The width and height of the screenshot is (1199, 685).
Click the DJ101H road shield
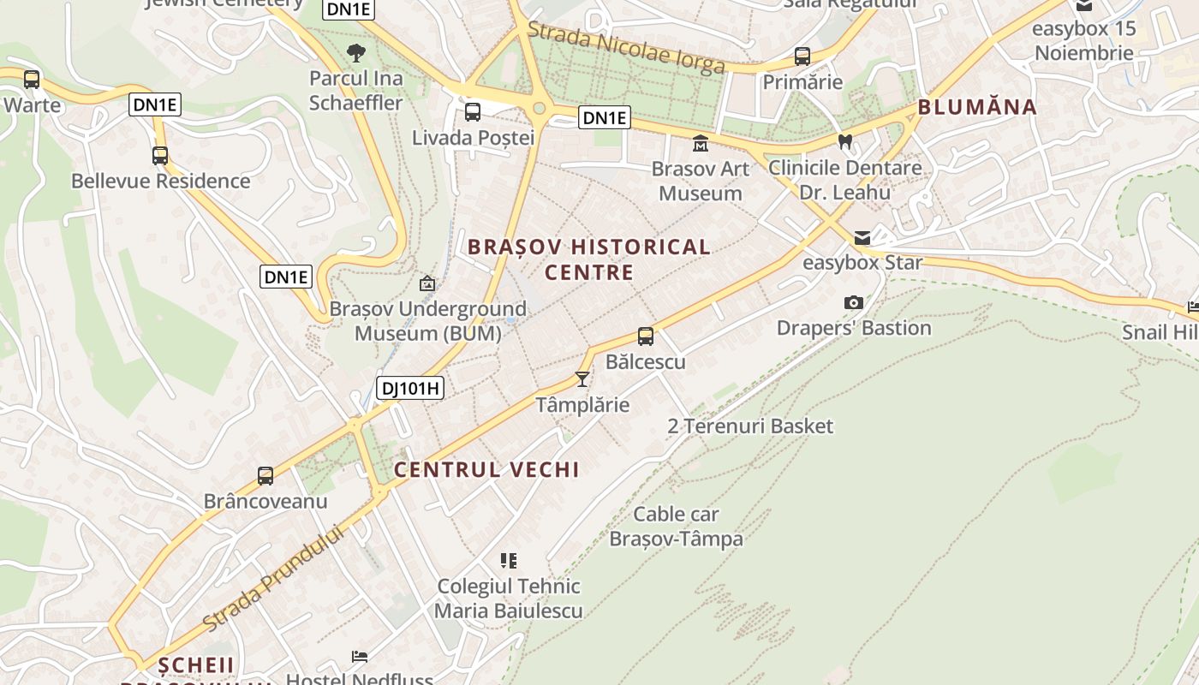coord(410,388)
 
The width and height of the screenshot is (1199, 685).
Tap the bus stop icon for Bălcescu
coord(646,337)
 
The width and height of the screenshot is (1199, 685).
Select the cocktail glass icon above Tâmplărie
coord(582,378)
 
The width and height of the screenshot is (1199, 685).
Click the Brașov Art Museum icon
coord(701,142)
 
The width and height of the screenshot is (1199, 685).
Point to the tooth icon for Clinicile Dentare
coord(845,141)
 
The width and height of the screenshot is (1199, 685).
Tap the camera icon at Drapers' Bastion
coord(853,302)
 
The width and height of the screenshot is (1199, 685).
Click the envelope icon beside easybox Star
coord(862,237)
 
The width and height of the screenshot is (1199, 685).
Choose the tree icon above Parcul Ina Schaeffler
coord(356,53)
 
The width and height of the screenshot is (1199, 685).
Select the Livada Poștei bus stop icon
coord(472,112)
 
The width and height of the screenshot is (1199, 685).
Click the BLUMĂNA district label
coord(977,107)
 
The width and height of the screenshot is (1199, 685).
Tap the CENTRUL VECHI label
coord(486,469)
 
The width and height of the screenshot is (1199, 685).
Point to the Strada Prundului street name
coord(274,578)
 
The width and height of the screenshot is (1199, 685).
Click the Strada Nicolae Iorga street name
coord(625,48)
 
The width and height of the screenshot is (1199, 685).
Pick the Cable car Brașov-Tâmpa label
coord(676,527)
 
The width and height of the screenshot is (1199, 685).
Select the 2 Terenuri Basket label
coord(749,426)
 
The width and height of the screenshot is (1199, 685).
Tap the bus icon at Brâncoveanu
coord(265,475)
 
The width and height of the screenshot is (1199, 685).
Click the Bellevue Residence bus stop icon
coord(160,156)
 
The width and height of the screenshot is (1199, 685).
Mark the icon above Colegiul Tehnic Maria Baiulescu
coord(509,561)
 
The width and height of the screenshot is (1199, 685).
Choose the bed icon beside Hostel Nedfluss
coord(360,657)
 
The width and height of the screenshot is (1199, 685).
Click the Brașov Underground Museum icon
coord(427,283)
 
